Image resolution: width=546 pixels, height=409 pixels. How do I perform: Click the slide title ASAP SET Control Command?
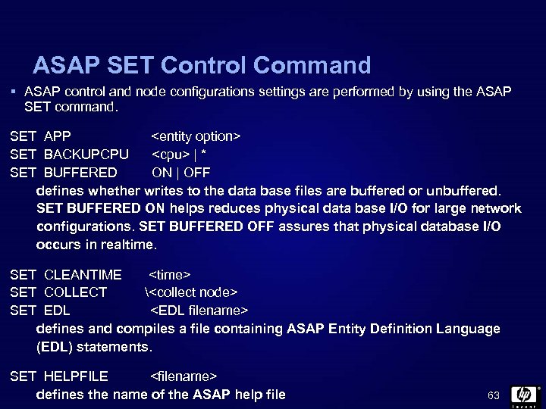[x=202, y=65]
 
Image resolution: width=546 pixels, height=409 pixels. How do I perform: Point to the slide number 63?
[x=494, y=395]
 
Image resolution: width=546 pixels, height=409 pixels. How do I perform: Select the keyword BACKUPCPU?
[x=86, y=155]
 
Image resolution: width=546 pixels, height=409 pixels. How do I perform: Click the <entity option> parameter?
[x=196, y=136]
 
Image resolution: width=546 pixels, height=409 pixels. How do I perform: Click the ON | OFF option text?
[x=181, y=172]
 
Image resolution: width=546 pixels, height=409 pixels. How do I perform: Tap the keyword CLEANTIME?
[x=83, y=274]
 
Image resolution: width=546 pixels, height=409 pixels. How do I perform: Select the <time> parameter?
[x=170, y=274]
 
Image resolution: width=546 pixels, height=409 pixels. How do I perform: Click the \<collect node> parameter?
[x=190, y=292]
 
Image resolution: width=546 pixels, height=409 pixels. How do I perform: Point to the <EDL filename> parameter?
[x=199, y=310]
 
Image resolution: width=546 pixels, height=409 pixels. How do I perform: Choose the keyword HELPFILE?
[x=77, y=376]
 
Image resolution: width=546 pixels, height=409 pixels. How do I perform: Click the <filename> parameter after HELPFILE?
[x=184, y=376]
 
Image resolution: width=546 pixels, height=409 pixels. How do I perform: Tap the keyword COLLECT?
[x=76, y=292]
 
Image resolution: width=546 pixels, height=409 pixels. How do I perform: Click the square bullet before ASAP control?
[x=14, y=91]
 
